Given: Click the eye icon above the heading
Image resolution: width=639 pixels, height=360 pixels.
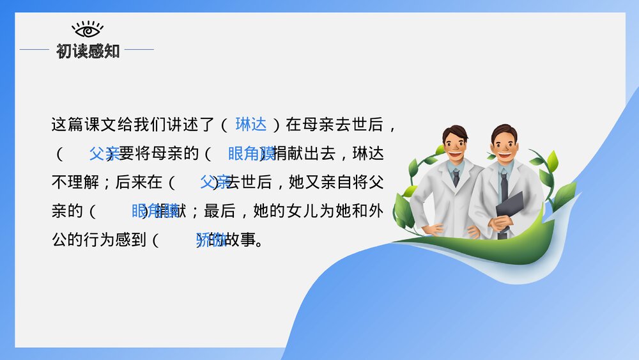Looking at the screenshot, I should click(88, 29).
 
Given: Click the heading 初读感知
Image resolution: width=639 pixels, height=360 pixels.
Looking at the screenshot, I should click(88, 51).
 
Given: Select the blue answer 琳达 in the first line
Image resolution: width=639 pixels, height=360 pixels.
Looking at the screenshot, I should click(251, 124).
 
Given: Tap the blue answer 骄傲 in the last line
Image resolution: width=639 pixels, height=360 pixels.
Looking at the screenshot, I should click(210, 240).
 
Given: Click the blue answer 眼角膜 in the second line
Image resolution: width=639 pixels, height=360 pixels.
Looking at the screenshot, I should click(252, 153).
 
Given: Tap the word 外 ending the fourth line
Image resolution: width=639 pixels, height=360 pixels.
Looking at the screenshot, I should click(375, 211).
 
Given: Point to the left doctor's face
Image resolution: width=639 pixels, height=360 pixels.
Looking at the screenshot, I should click(454, 146).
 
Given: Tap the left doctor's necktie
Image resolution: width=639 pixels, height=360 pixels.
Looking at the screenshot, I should click(456, 176).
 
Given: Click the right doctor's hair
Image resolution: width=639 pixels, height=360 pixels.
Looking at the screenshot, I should click(504, 131).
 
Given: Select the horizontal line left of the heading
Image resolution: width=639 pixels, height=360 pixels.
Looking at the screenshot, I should click(35, 49).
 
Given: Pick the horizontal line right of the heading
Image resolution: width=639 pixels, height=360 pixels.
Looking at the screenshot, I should click(139, 49).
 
